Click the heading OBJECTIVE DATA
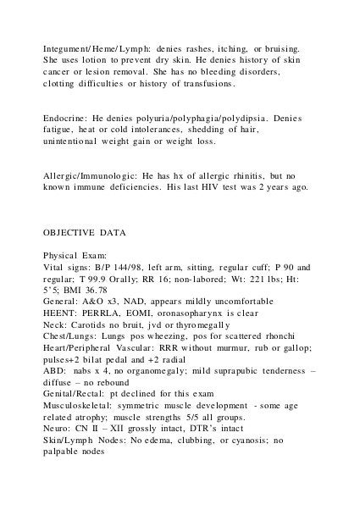(x=81, y=230)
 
